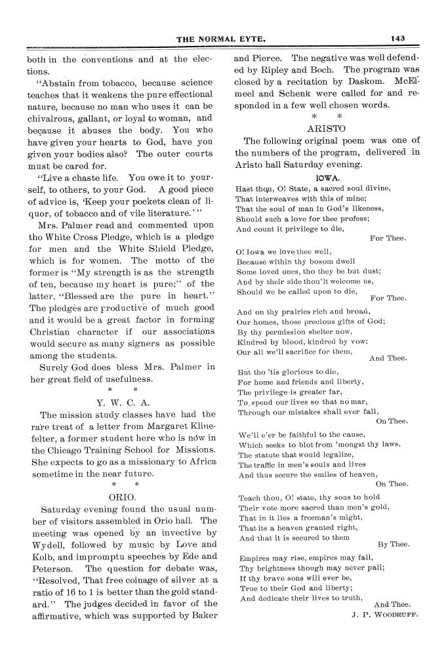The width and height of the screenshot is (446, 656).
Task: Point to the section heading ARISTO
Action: pyautogui.click(x=327, y=129)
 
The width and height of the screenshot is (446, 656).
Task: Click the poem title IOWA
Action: pyautogui.click(x=327, y=177)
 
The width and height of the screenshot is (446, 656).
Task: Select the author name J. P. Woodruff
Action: pyautogui.click(x=384, y=615)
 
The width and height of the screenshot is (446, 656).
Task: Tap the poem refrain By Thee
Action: pyautogui.click(x=394, y=544)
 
